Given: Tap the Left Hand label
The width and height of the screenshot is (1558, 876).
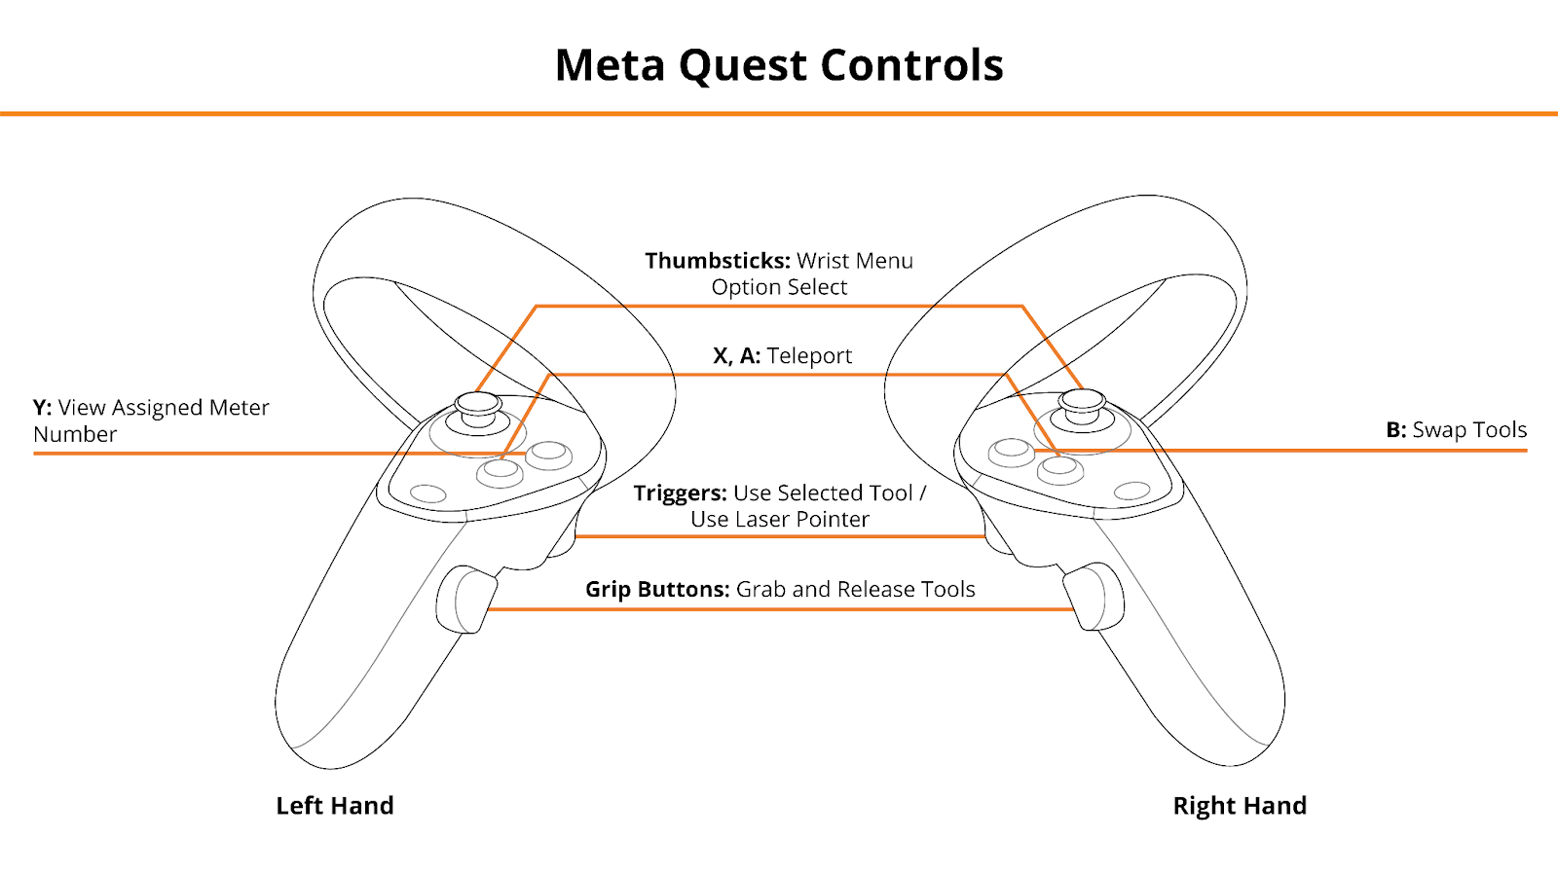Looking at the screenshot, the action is [335, 805].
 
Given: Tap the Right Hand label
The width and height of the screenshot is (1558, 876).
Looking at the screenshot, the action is [1240, 805].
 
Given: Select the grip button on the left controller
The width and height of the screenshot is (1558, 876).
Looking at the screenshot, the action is [465, 600].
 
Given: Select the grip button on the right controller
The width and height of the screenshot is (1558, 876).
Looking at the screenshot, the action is [1094, 597].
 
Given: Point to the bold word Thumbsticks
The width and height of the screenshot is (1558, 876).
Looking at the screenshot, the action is [717, 261].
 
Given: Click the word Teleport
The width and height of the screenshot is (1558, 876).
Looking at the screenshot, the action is [809, 356].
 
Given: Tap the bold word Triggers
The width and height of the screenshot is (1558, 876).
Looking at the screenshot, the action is [680, 493].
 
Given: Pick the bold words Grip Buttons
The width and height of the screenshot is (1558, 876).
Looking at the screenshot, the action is [657, 590].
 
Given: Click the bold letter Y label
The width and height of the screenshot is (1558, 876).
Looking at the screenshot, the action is [42, 408].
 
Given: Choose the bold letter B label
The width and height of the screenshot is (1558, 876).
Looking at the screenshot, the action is [1396, 429].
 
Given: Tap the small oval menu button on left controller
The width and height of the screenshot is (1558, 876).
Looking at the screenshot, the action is [428, 493].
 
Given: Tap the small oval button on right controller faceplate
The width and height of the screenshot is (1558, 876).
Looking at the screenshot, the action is [1131, 491].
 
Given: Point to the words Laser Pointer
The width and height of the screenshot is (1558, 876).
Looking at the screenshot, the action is [805, 520].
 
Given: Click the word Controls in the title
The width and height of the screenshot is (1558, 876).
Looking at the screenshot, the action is [911, 66].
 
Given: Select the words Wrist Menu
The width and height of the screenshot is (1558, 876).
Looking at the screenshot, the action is [855, 261].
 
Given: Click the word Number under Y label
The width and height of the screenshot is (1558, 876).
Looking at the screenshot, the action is [75, 434].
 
